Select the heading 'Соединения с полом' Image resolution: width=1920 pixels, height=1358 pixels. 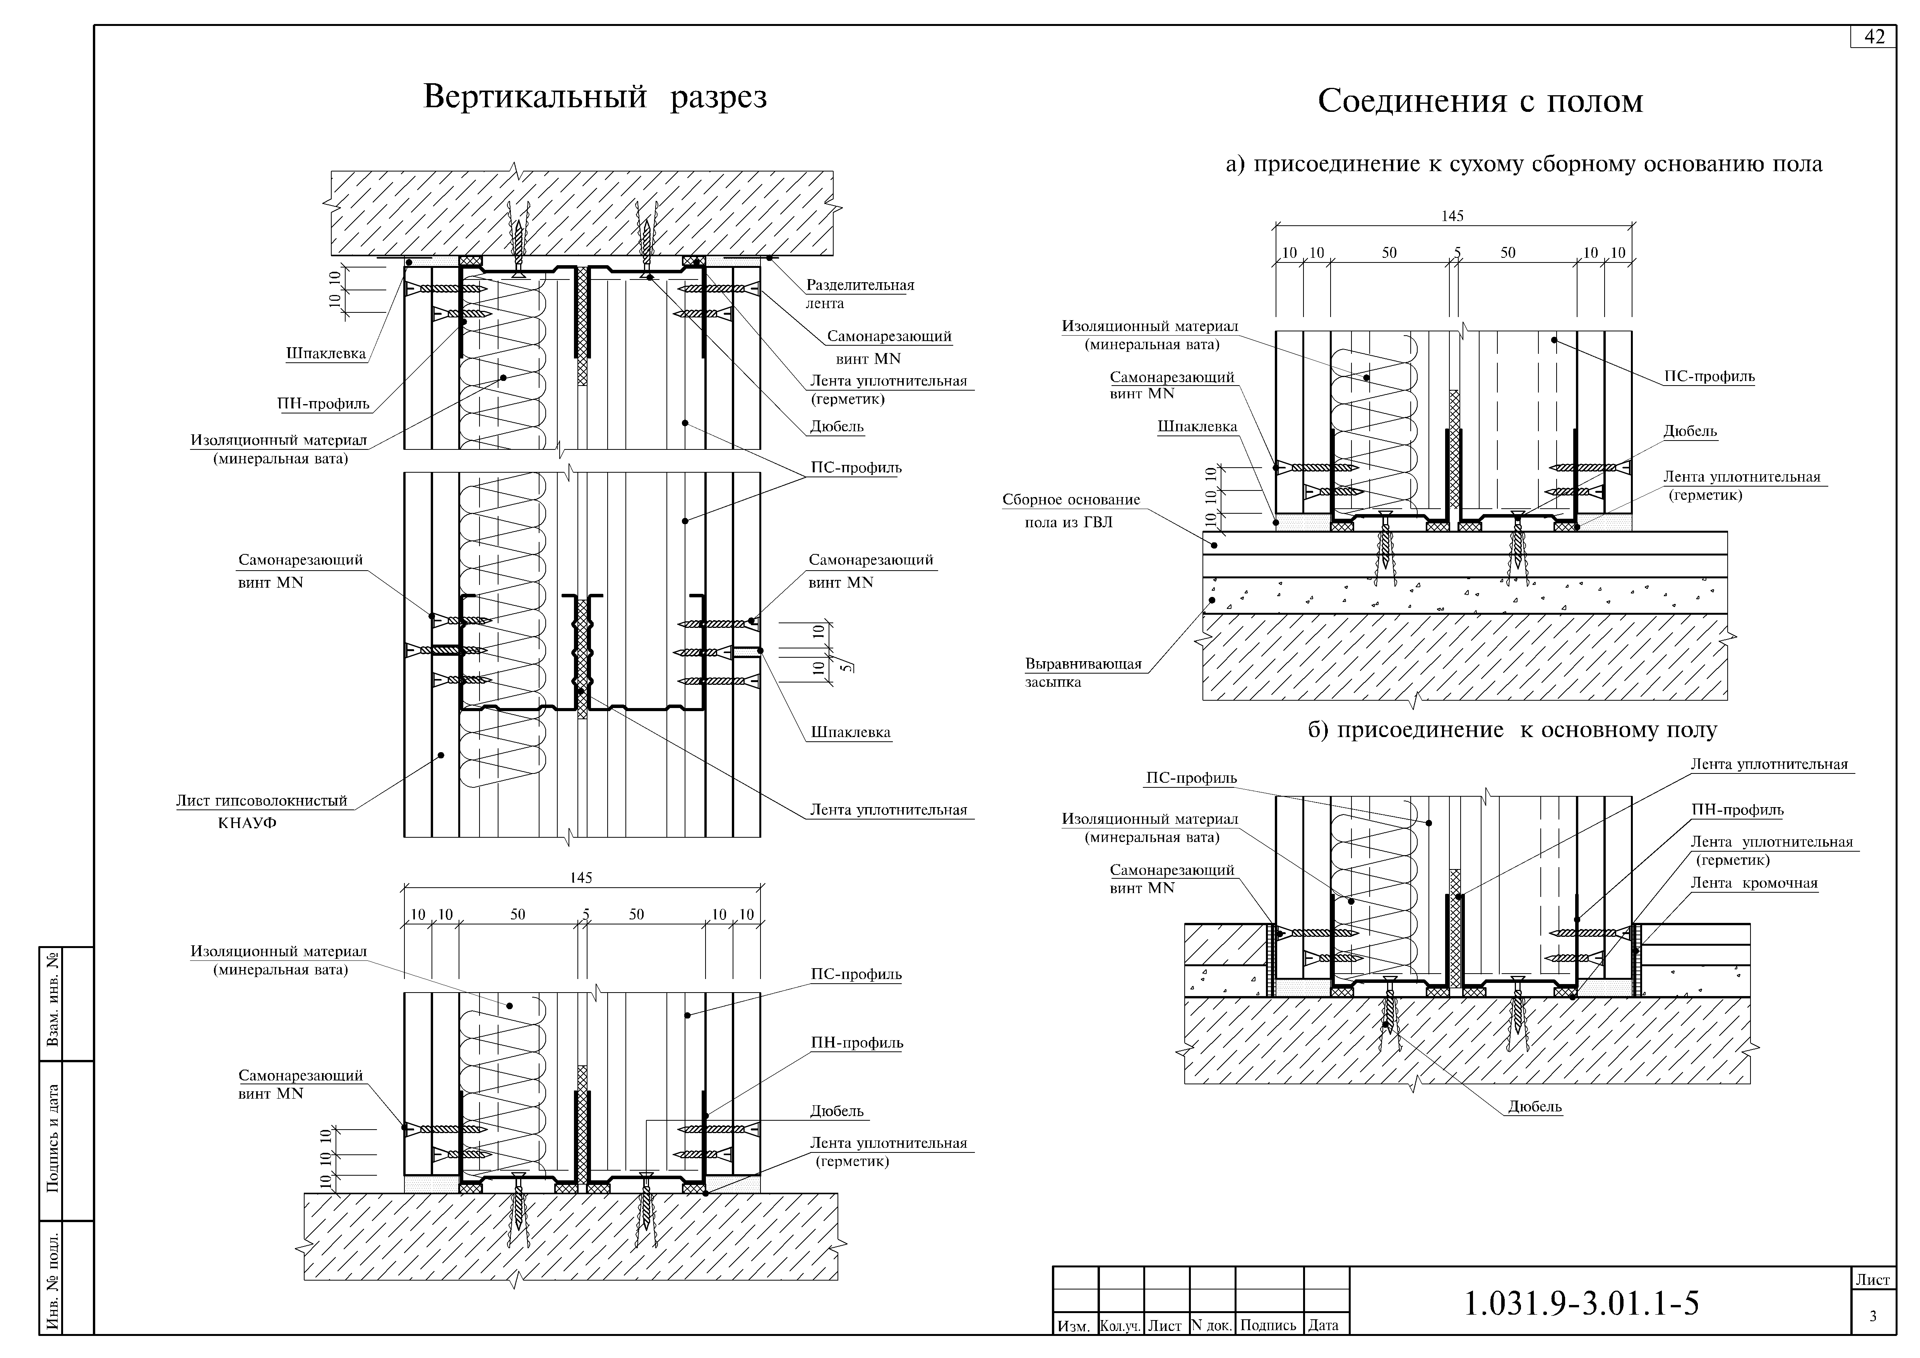[1480, 101]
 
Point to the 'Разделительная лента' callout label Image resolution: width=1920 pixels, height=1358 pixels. [860, 293]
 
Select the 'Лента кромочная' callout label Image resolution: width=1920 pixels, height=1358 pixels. [1754, 883]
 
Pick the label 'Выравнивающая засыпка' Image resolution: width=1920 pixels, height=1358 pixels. [1083, 672]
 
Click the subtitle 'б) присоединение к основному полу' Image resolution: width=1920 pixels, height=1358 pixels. [1512, 730]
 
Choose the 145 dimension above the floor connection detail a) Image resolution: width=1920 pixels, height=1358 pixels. [1452, 216]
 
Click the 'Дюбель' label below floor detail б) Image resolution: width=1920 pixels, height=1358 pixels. [1535, 1106]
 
